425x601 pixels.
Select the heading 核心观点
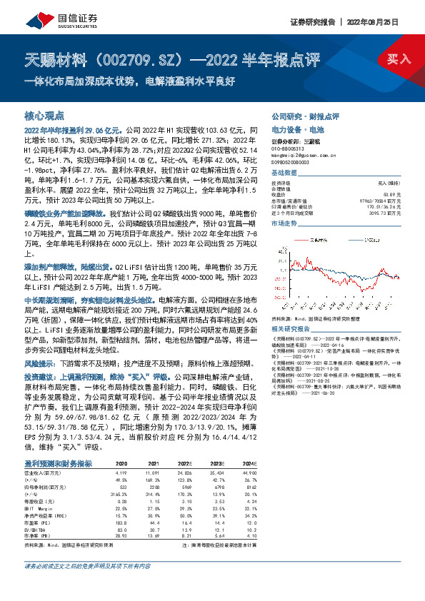click(x=44, y=115)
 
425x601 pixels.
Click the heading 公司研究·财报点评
click(x=305, y=115)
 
